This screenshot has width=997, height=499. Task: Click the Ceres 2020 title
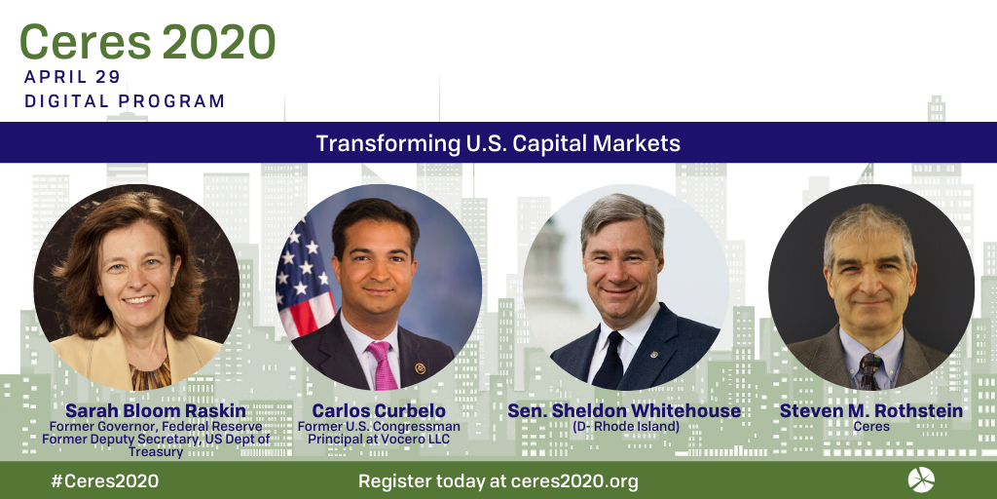[x=148, y=43]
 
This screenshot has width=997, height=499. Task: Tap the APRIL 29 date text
[x=72, y=77]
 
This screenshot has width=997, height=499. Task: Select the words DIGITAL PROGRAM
[x=125, y=101]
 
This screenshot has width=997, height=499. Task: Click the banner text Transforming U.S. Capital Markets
[x=498, y=143]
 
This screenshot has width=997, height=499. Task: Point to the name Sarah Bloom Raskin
[x=155, y=411]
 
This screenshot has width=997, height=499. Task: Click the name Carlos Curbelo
[x=379, y=411]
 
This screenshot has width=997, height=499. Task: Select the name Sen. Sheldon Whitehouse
[x=624, y=411]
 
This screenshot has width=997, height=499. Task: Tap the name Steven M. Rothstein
[x=871, y=411]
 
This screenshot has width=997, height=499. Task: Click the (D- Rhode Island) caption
[x=626, y=427]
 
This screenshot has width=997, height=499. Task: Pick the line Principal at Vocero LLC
[x=379, y=440]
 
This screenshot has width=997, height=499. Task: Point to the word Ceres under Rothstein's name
[x=871, y=427]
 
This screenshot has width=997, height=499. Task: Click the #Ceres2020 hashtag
[x=105, y=481]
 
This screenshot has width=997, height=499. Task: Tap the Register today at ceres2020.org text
[x=498, y=481]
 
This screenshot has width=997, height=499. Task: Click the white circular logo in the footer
[x=921, y=480]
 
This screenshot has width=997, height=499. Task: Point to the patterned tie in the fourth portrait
[x=869, y=371]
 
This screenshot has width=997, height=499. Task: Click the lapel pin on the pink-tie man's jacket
[x=420, y=367]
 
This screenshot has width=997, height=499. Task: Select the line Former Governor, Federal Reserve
[x=156, y=427]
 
